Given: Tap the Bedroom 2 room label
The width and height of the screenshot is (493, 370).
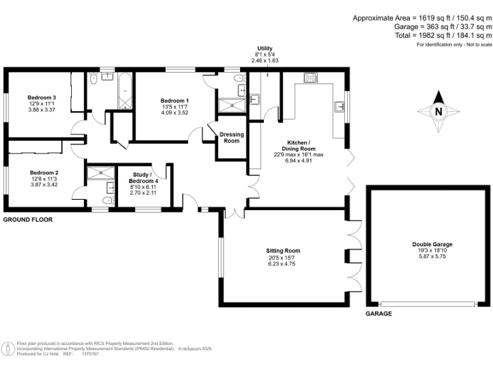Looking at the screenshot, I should pyautogui.click(x=44, y=173).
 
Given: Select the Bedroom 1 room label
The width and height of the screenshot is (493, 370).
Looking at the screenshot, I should pyautogui.click(x=175, y=101).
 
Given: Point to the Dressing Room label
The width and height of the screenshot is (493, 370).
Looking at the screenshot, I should pyautogui.click(x=232, y=137).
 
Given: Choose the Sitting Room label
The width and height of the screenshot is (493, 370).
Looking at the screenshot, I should pyautogui.click(x=283, y=251).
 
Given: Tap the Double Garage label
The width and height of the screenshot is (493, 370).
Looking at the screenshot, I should pyautogui.click(x=432, y=244).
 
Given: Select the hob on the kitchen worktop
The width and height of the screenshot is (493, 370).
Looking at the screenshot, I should pyautogui.click(x=311, y=78).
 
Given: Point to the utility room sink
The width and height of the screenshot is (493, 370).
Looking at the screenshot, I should pyautogui.click(x=255, y=98).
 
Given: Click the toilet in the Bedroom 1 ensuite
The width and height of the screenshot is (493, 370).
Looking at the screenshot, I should pyautogui.click(x=239, y=79).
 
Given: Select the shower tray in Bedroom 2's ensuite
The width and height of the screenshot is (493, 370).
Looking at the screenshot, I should pyautogui.click(x=99, y=172).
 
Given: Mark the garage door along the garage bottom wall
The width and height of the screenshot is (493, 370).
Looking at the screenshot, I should pyautogui.click(x=429, y=303).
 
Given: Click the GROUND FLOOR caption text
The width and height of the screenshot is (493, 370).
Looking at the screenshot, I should pyautogui.click(x=28, y=220).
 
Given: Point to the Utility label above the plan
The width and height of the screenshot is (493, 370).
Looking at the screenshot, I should pyautogui.click(x=265, y=49).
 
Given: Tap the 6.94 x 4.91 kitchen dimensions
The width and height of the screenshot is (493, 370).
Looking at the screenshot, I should pyautogui.click(x=300, y=161).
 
